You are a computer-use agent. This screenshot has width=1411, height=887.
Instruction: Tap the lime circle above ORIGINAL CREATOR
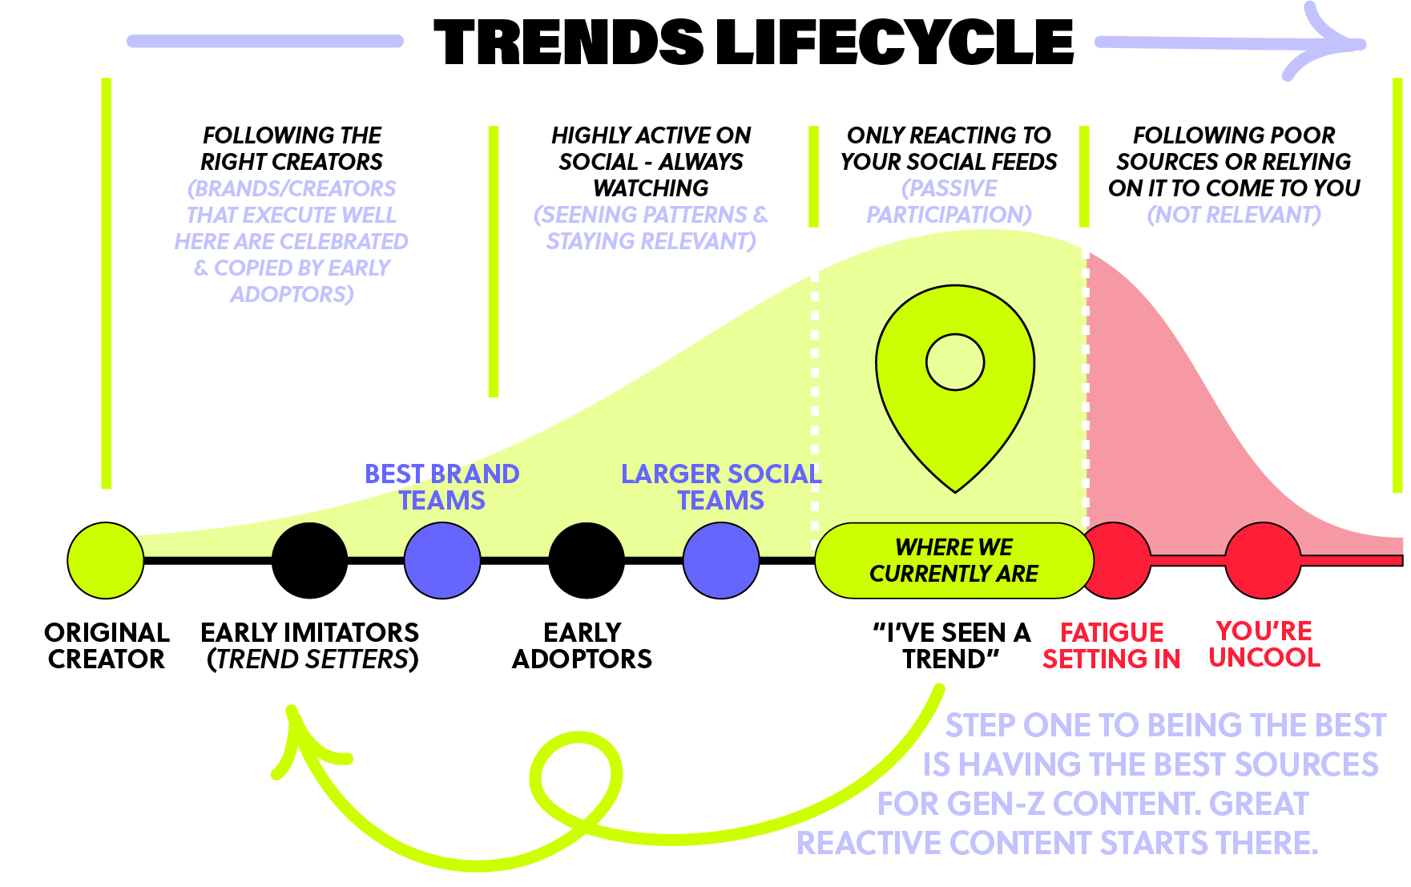point(105,560)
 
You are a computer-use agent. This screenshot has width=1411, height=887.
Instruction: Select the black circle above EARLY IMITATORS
point(309,560)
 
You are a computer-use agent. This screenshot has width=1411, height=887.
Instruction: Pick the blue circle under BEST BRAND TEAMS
point(441,560)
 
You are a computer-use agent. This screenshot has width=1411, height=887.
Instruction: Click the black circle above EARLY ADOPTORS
point(586,560)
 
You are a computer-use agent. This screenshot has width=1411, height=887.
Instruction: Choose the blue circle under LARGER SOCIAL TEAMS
point(720,560)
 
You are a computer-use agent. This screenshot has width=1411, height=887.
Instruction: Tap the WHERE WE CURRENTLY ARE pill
point(953,560)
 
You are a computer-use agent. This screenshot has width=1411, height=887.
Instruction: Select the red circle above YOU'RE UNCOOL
point(1263,560)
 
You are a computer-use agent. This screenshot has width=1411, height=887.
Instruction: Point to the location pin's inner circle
point(954,362)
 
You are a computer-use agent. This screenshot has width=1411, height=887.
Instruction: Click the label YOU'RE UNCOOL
point(1264,644)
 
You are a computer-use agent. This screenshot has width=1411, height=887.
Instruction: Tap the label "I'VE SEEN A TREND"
point(951,646)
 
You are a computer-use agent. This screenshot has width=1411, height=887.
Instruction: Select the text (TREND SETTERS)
point(312,659)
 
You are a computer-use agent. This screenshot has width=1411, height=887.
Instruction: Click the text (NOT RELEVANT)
point(1233,215)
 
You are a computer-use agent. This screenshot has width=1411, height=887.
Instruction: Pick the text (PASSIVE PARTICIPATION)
point(949,201)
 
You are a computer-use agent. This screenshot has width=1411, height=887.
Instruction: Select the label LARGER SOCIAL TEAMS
point(720,486)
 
